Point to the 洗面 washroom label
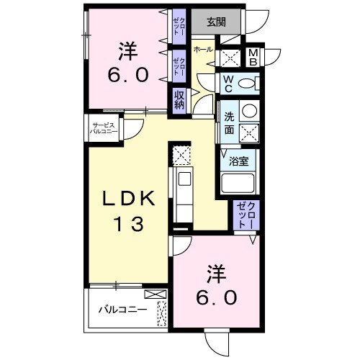228,122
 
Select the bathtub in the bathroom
239,183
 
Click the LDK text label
127,199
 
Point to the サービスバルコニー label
99,130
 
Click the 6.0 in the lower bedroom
213,296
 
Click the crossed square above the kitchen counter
180,153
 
